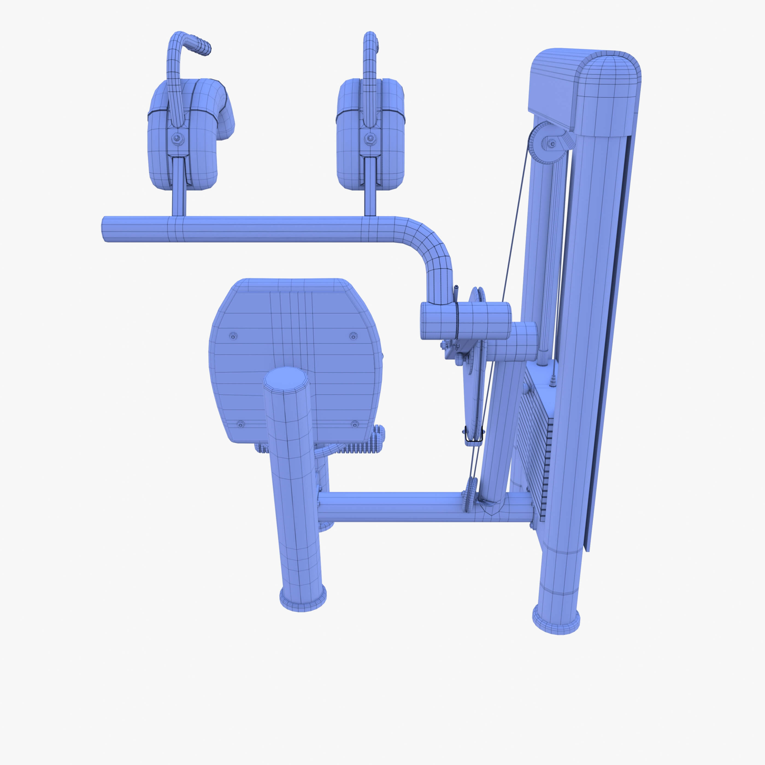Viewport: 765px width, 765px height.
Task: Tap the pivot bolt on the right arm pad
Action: click(370, 138)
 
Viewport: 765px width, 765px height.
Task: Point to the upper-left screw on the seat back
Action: click(233, 336)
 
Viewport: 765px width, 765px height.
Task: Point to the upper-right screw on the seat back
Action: click(353, 336)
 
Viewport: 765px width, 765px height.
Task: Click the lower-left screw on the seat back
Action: click(240, 424)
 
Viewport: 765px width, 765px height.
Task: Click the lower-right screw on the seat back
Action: click(355, 424)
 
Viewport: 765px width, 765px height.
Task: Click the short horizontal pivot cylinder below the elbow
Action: click(466, 321)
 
